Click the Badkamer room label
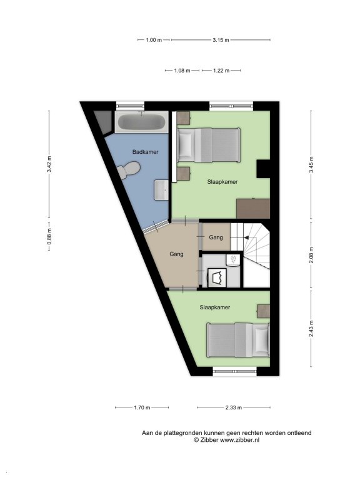point(145,152)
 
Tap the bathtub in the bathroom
point(141,122)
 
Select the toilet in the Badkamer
point(129,170)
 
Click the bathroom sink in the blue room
point(161,190)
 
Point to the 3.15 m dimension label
point(221,40)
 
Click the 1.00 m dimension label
point(154,40)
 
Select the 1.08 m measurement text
point(182,71)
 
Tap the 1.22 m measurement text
point(221,71)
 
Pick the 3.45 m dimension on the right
point(311,165)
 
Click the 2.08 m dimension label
point(311,255)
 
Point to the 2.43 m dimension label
point(311,329)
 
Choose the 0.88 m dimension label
point(49,237)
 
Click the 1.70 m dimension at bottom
point(142,407)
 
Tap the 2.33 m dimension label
point(234,407)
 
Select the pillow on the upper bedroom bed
point(186,145)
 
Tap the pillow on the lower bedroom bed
point(262,340)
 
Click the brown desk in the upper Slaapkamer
point(253,209)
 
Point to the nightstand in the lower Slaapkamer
point(263,311)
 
